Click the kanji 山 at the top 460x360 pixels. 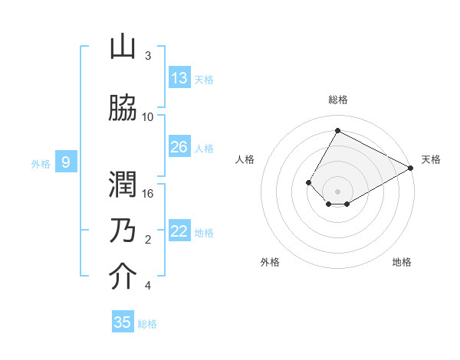(123, 48)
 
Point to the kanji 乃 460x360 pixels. (123, 231)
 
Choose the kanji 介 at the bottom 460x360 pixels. (123, 277)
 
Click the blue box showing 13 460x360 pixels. (179, 78)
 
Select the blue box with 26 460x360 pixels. (179, 147)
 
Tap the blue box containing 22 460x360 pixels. (179, 232)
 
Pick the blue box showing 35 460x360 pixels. (123, 322)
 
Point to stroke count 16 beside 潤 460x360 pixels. (149, 194)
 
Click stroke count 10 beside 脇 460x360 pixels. (148, 116)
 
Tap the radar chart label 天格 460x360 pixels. (431, 159)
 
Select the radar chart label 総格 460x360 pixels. (337, 100)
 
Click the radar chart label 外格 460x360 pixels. (270, 262)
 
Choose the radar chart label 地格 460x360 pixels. (402, 262)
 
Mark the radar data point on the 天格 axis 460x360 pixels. (412, 169)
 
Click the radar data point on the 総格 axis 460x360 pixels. (337, 130)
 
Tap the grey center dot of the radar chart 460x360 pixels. (337, 191)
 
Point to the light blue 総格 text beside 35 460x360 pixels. (147, 324)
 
